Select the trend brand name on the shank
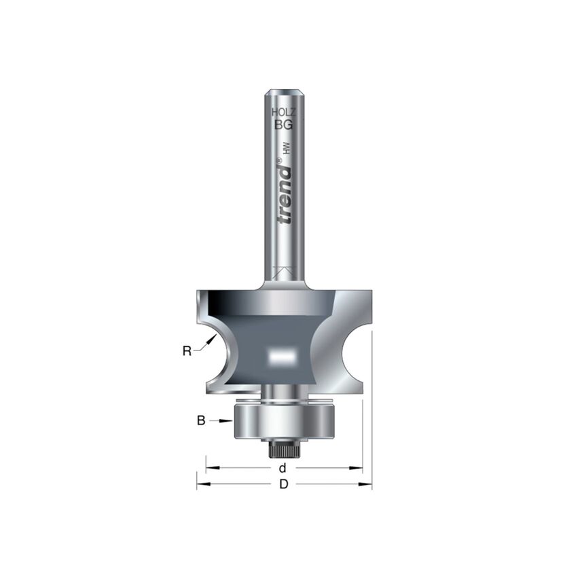click(285, 194)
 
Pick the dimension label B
click(201, 421)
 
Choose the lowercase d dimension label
click(283, 468)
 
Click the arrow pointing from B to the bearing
click(225, 421)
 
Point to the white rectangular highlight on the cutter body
click(282, 354)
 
